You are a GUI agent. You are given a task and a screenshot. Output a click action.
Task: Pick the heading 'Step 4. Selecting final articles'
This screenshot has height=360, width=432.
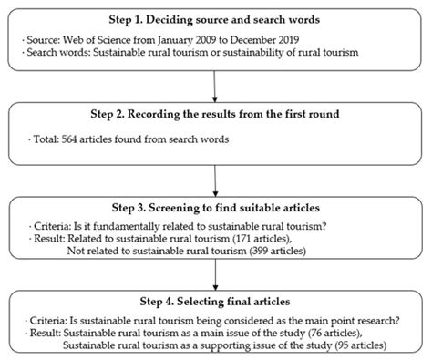pyautogui.click(x=215, y=302)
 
